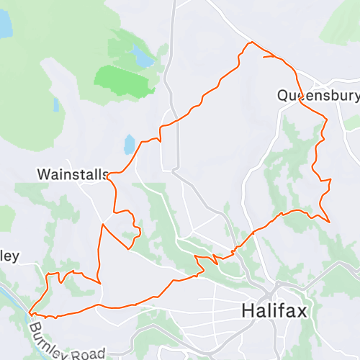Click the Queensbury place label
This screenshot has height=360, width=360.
coord(318,95)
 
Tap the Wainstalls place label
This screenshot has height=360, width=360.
coord(72,174)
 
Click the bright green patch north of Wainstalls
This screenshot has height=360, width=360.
coord(125,80)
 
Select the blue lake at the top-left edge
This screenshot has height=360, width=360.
coord(5,25)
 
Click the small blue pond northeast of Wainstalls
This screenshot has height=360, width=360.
coord(130,145)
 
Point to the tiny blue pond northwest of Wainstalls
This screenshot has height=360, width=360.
coord(55,105)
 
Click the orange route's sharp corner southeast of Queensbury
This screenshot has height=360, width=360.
coord(328,222)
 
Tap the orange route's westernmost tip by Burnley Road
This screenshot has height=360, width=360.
coord(30,312)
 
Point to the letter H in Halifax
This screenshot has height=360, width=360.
coord(247,311)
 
